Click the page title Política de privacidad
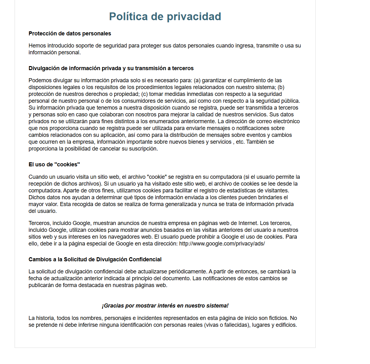pyautogui.click(x=165, y=16)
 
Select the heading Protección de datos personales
pyautogui.click(x=70, y=34)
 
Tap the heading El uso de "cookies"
pyautogui.click(x=54, y=164)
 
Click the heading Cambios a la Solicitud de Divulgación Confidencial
pyautogui.click(x=95, y=259)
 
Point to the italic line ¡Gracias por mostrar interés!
pyautogui.click(x=165, y=306)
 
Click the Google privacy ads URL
pyautogui.click(x=222, y=244)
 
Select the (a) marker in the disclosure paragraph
pyautogui.click(x=197, y=80)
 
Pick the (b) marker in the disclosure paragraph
pyautogui.click(x=281, y=87)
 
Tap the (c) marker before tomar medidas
pyautogui.click(x=144, y=94)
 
